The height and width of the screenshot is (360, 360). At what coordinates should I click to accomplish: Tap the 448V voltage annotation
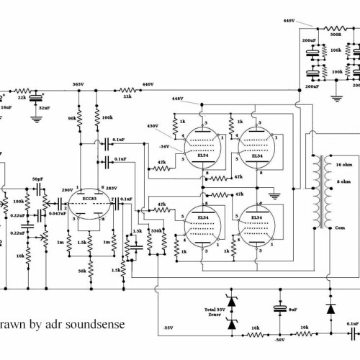pos(179,98)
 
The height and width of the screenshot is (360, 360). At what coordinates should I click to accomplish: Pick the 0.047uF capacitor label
pos(58,213)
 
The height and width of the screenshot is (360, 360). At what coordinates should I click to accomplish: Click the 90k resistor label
pos(71,117)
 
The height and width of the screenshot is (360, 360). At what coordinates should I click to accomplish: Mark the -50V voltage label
pos(279,339)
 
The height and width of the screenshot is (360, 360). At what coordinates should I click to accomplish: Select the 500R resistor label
pos(336,33)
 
